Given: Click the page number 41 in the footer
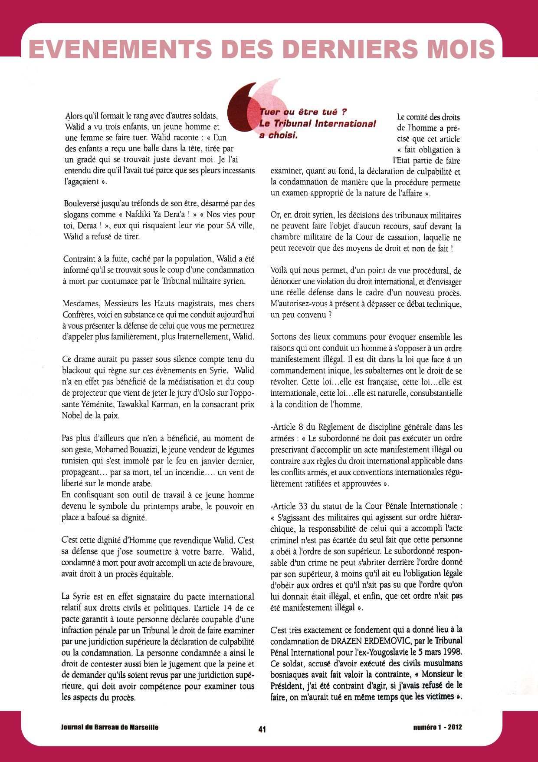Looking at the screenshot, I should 262,729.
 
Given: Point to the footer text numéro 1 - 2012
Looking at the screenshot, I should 437,727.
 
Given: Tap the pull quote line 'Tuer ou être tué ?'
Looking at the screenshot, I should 302,112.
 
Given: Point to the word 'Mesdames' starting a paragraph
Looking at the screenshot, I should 80,303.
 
